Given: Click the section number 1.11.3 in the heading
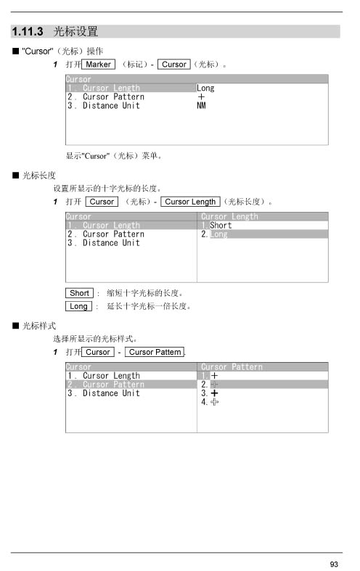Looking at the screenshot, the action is (x=28, y=31).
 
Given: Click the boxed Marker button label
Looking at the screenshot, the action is (x=99, y=65).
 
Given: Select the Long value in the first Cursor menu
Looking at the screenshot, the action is (x=205, y=88).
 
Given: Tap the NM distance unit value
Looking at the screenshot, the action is (x=201, y=106).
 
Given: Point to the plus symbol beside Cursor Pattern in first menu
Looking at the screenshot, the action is (x=201, y=97).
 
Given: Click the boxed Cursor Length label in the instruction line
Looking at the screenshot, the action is (x=190, y=202).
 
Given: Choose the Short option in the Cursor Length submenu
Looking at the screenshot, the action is (x=221, y=226).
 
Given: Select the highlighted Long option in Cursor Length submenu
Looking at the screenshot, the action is (x=218, y=234).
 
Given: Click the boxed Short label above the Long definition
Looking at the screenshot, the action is (x=79, y=293).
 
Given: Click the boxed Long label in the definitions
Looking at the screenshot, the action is (x=78, y=306).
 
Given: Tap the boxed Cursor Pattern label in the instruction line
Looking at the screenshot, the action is (x=155, y=352).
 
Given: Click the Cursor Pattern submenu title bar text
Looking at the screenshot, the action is (x=232, y=366).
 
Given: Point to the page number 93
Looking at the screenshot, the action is (x=334, y=564).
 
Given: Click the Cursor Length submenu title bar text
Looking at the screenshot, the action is (x=229, y=216).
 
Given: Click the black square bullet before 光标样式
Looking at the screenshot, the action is (x=16, y=326).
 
